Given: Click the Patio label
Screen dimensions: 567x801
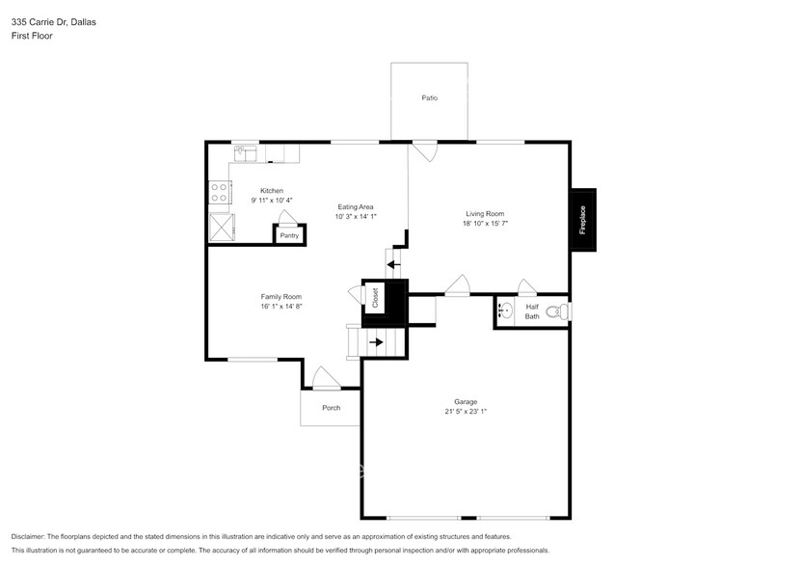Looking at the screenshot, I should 429,97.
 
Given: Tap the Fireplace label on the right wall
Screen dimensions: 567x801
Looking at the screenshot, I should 582,219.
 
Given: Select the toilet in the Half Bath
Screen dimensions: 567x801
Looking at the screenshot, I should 555,311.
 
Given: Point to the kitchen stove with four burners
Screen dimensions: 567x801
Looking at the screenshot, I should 220,192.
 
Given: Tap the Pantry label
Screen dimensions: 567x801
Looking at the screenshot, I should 288,235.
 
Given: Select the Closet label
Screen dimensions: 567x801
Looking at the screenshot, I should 375,298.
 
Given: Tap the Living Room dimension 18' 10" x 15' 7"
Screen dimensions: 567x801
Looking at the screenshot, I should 485,223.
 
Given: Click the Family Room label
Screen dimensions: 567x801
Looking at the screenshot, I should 281,296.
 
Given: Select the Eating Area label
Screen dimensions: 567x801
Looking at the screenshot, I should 355,206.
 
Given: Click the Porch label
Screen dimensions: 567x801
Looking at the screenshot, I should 331,408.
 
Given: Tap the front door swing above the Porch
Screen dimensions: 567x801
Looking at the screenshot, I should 324,377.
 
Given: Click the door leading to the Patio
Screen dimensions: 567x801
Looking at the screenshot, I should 425,151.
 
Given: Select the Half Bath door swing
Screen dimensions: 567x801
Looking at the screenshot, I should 526,286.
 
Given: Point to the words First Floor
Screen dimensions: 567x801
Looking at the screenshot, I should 32,36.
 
